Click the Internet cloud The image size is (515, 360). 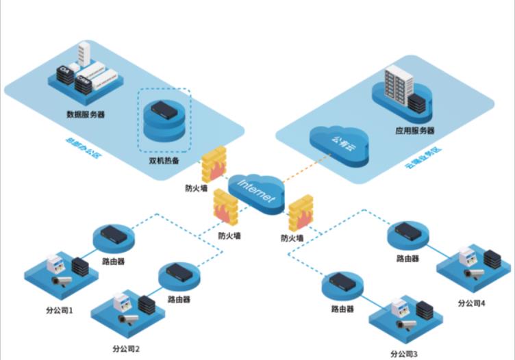[x=256, y=190]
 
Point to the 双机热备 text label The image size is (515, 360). [x=164, y=162]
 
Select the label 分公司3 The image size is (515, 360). [x=403, y=353]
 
